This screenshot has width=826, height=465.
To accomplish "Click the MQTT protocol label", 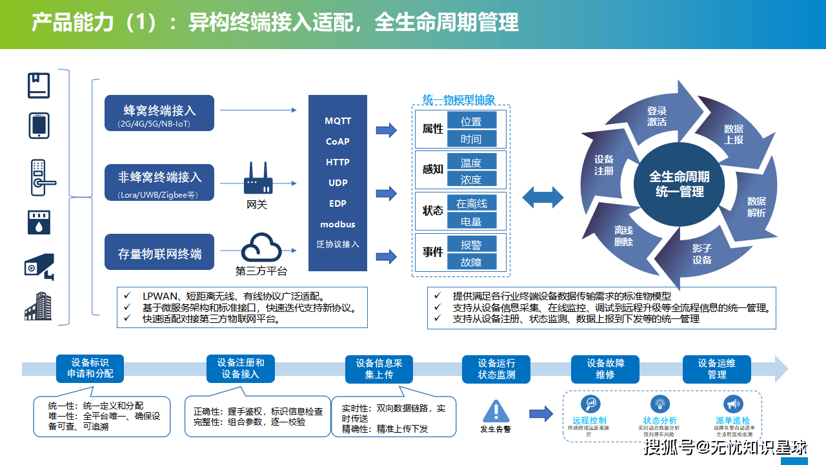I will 337,121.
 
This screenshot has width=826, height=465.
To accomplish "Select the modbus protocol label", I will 337,224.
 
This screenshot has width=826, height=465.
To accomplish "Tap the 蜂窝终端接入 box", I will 159,114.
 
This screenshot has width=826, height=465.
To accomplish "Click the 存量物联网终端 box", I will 159,253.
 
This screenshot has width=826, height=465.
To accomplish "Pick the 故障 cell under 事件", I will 470,262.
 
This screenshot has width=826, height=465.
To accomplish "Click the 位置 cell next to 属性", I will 470,121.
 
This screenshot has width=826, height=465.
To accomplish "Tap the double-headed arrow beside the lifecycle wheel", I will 543,197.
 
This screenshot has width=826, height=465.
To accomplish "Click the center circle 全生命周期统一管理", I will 679,184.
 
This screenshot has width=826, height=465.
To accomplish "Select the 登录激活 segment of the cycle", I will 657,116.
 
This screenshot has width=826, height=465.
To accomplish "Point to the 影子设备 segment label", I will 702,254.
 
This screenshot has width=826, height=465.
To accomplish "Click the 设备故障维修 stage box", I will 605,369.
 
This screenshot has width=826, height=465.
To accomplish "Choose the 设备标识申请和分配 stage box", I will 90,369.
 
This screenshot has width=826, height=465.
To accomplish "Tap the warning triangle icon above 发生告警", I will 496,411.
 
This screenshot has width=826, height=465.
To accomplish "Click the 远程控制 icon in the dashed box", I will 589,404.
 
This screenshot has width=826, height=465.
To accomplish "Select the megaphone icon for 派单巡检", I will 731,404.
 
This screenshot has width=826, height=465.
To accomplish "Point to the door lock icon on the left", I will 41,178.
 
